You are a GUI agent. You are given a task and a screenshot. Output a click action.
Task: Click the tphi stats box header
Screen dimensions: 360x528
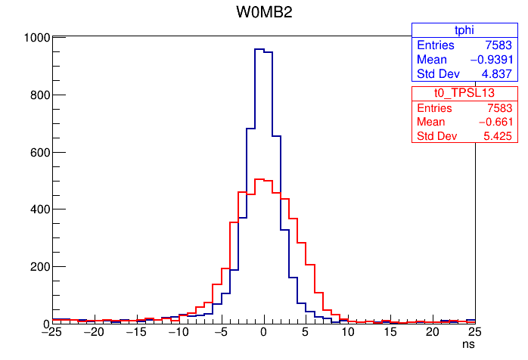[463, 30]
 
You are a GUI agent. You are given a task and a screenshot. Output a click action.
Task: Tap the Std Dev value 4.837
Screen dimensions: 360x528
[498, 74]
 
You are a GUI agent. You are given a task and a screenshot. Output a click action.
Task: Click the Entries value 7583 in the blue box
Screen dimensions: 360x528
[500, 45]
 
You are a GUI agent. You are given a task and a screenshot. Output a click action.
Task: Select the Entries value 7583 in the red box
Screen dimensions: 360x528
[500, 107]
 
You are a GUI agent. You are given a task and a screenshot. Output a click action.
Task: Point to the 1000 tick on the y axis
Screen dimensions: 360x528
[37, 37]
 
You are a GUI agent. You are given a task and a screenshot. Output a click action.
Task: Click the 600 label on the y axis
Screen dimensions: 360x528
[40, 152]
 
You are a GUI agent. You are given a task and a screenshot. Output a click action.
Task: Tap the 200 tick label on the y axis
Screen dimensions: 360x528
[40, 266]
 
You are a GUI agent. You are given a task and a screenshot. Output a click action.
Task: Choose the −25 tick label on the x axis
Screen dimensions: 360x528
[51, 332]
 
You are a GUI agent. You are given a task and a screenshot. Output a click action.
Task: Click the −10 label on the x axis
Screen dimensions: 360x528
[178, 332]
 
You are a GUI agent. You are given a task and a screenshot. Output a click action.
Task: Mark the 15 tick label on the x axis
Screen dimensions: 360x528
[390, 332]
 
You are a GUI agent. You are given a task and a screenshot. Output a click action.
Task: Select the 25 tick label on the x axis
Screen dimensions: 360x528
[475, 332]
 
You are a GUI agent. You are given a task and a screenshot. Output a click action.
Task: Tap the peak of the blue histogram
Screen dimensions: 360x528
[259, 49]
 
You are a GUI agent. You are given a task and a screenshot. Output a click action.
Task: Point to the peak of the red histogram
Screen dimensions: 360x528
[259, 179]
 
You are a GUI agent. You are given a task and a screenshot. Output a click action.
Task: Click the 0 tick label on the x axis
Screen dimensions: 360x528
[264, 332]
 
